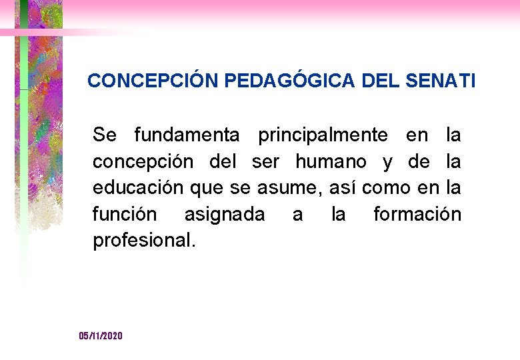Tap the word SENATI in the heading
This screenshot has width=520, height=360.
(441, 81)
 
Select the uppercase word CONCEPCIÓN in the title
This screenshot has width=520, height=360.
(153, 81)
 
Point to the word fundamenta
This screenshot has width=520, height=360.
(187, 135)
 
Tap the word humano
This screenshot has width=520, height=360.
(331, 161)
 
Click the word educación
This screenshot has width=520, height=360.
(138, 188)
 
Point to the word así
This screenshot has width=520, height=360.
(341, 188)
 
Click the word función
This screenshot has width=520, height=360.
(125, 215)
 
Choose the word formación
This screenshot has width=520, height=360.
(417, 215)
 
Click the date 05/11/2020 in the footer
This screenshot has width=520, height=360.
(101, 336)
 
